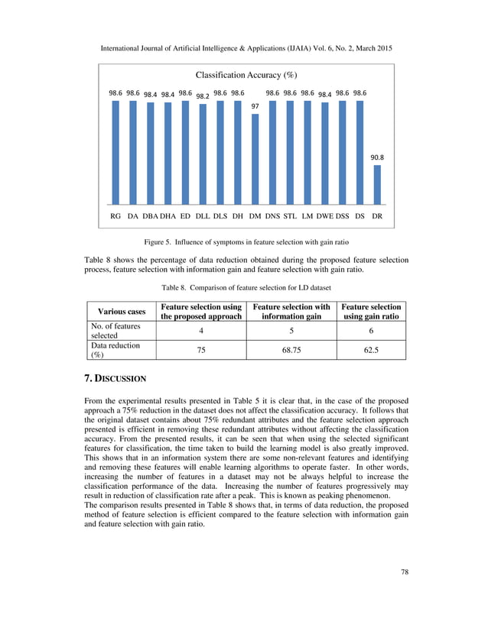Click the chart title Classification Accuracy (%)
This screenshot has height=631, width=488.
tap(246, 75)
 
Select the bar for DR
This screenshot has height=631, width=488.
tap(377, 184)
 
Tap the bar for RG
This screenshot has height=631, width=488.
tap(115, 152)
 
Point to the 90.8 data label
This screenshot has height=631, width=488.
tap(377, 158)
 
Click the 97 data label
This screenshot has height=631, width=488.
tap(255, 107)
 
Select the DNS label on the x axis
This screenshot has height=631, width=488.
tap(272, 216)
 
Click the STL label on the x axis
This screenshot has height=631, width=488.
tap(290, 216)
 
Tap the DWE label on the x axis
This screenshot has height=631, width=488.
tap(325, 216)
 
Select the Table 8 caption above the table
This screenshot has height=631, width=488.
tap(245, 287)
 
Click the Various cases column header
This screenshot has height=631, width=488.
tap(120, 311)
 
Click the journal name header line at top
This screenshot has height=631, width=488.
tap(246, 49)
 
